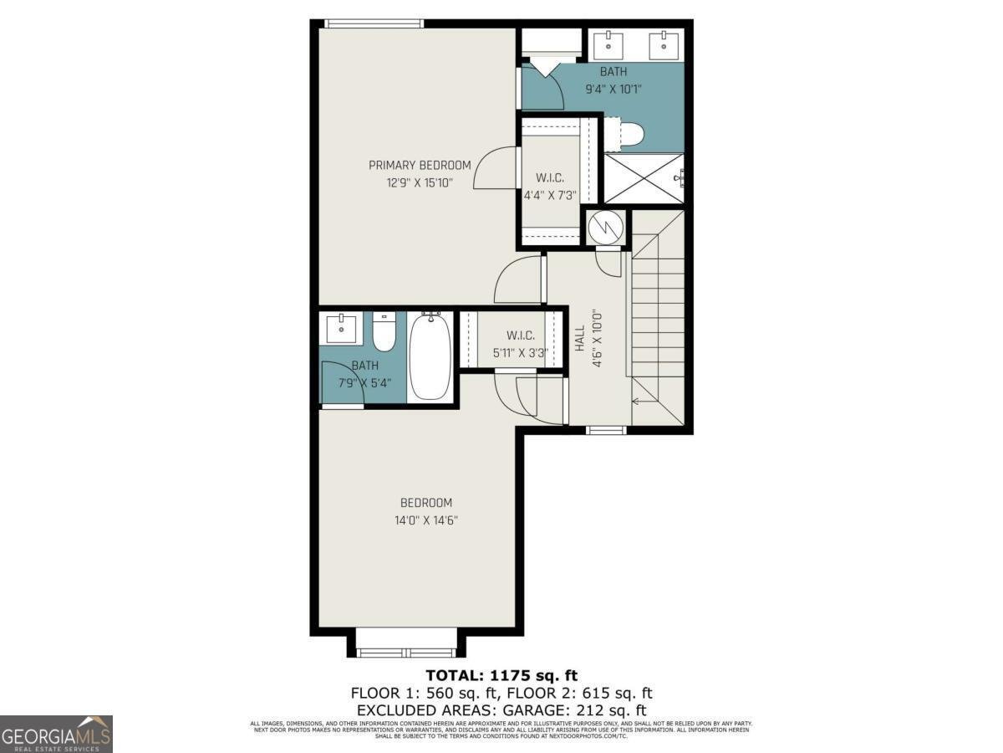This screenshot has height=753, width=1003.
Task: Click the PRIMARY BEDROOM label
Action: coord(420,165)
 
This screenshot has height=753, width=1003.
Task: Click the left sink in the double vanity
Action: coord(608,44)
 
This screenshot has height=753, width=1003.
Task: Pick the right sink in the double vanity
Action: coord(665,44)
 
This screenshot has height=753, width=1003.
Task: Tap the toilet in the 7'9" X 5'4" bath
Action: coord(384,331)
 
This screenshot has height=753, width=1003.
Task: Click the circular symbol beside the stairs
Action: coord(606,226)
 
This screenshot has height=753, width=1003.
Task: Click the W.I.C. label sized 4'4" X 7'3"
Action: coord(549,178)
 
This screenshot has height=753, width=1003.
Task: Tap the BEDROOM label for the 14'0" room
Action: coord(426,503)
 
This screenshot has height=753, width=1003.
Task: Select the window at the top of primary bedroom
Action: coord(374,23)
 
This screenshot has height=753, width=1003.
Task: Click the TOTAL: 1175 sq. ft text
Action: coord(501,675)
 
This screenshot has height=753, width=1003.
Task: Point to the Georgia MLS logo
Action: coord(56,734)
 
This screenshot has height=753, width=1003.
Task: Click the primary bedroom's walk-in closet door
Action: coord(495,167)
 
